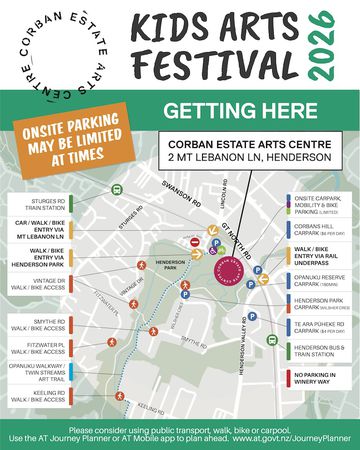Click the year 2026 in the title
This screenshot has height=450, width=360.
coord(323,47)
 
